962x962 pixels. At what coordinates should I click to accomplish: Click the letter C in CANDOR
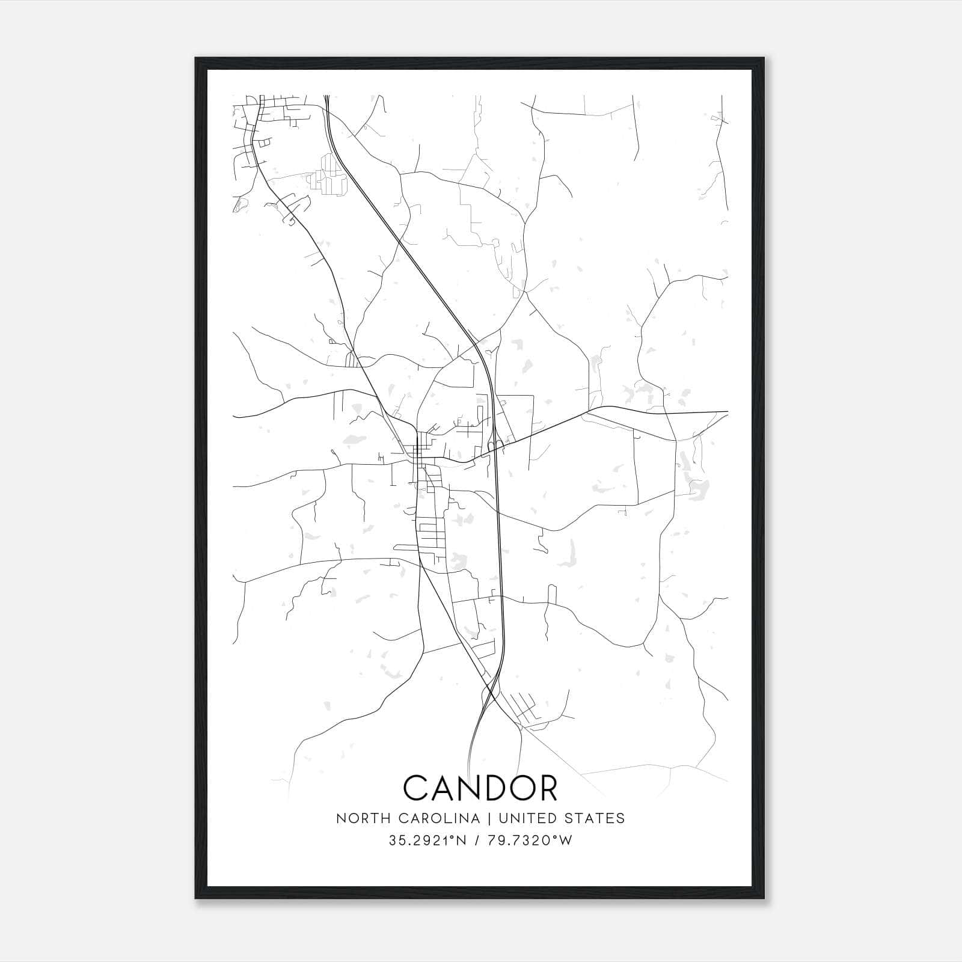[416, 788]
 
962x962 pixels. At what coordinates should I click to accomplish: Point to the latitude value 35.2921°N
[428, 841]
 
